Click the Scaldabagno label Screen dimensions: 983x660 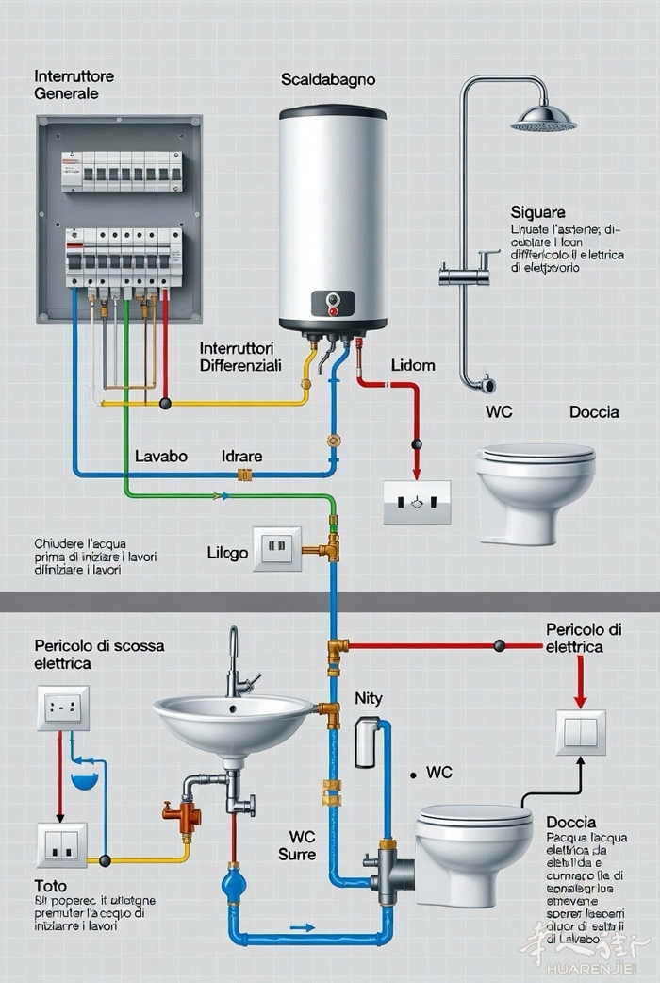(327, 80)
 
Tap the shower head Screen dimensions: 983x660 (543, 120)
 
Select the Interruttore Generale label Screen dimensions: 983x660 (74, 84)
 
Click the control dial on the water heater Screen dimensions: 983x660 (332, 302)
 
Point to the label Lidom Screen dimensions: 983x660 (413, 364)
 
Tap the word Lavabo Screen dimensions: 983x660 (161, 456)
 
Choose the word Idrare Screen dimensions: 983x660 (241, 456)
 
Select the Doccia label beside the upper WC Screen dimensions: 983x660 (594, 411)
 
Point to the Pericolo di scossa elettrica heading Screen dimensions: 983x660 (99, 655)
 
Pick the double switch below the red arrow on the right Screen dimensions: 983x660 (580, 733)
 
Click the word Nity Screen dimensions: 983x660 (369, 698)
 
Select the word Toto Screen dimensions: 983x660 (51, 887)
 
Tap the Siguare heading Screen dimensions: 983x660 (537, 212)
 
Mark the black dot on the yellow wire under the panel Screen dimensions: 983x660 (165, 403)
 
